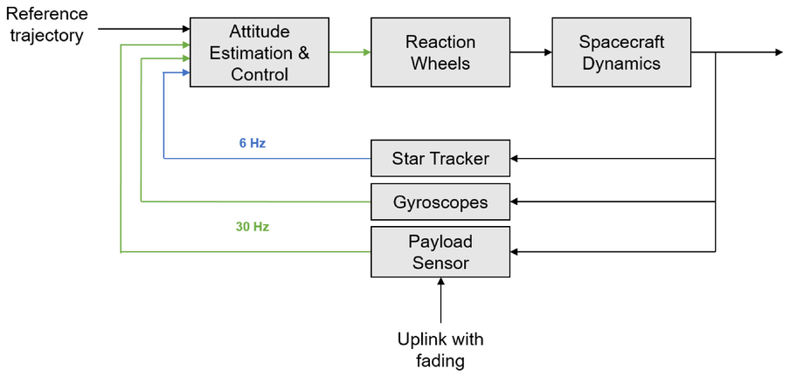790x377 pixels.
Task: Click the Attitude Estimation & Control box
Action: tap(260, 52)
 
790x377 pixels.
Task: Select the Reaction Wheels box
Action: tap(440, 52)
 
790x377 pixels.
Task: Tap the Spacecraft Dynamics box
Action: tap(621, 52)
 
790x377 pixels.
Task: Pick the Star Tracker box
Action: tap(440, 158)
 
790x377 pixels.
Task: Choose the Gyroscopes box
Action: tap(440, 202)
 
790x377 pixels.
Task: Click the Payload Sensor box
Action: tap(440, 251)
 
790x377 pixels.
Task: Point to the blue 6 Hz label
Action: tap(253, 143)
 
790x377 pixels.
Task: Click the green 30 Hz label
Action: tap(253, 227)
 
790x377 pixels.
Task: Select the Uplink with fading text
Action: tap(440, 350)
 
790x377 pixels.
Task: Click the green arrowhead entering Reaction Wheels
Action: tap(367, 52)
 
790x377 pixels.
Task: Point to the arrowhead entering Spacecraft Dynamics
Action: tap(548, 52)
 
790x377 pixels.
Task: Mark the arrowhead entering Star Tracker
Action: tap(515, 159)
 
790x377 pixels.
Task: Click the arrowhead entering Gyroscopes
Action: tap(515, 202)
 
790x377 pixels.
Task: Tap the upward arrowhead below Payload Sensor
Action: tap(440, 282)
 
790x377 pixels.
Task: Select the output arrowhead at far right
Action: tap(779, 52)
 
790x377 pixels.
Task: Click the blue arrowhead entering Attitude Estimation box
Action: tap(185, 73)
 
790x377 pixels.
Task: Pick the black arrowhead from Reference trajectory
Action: tap(185, 29)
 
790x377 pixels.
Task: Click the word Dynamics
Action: tap(621, 64)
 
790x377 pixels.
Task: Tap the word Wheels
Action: tap(440, 64)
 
